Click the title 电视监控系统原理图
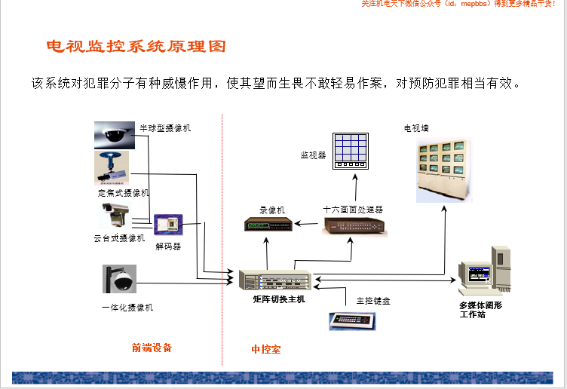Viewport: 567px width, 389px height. [136, 47]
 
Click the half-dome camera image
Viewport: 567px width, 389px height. [115, 135]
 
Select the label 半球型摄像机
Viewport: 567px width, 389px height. [165, 128]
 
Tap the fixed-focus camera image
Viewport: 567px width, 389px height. [112, 167]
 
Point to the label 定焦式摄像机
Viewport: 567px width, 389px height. [124, 193]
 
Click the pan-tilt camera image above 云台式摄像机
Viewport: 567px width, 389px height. [115, 216]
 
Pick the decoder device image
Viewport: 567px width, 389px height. [168, 225]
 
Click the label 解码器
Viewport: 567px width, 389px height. [168, 246]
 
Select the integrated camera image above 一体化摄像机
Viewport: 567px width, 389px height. [120, 279]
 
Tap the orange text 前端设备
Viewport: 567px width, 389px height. [152, 348]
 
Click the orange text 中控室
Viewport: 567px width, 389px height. [265, 349]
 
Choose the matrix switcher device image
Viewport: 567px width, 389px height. [275, 281]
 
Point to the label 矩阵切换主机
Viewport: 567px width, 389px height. [279, 300]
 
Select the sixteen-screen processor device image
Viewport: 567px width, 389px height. [354, 225]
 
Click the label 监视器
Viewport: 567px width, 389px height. [313, 155]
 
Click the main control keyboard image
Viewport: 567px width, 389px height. [353, 320]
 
